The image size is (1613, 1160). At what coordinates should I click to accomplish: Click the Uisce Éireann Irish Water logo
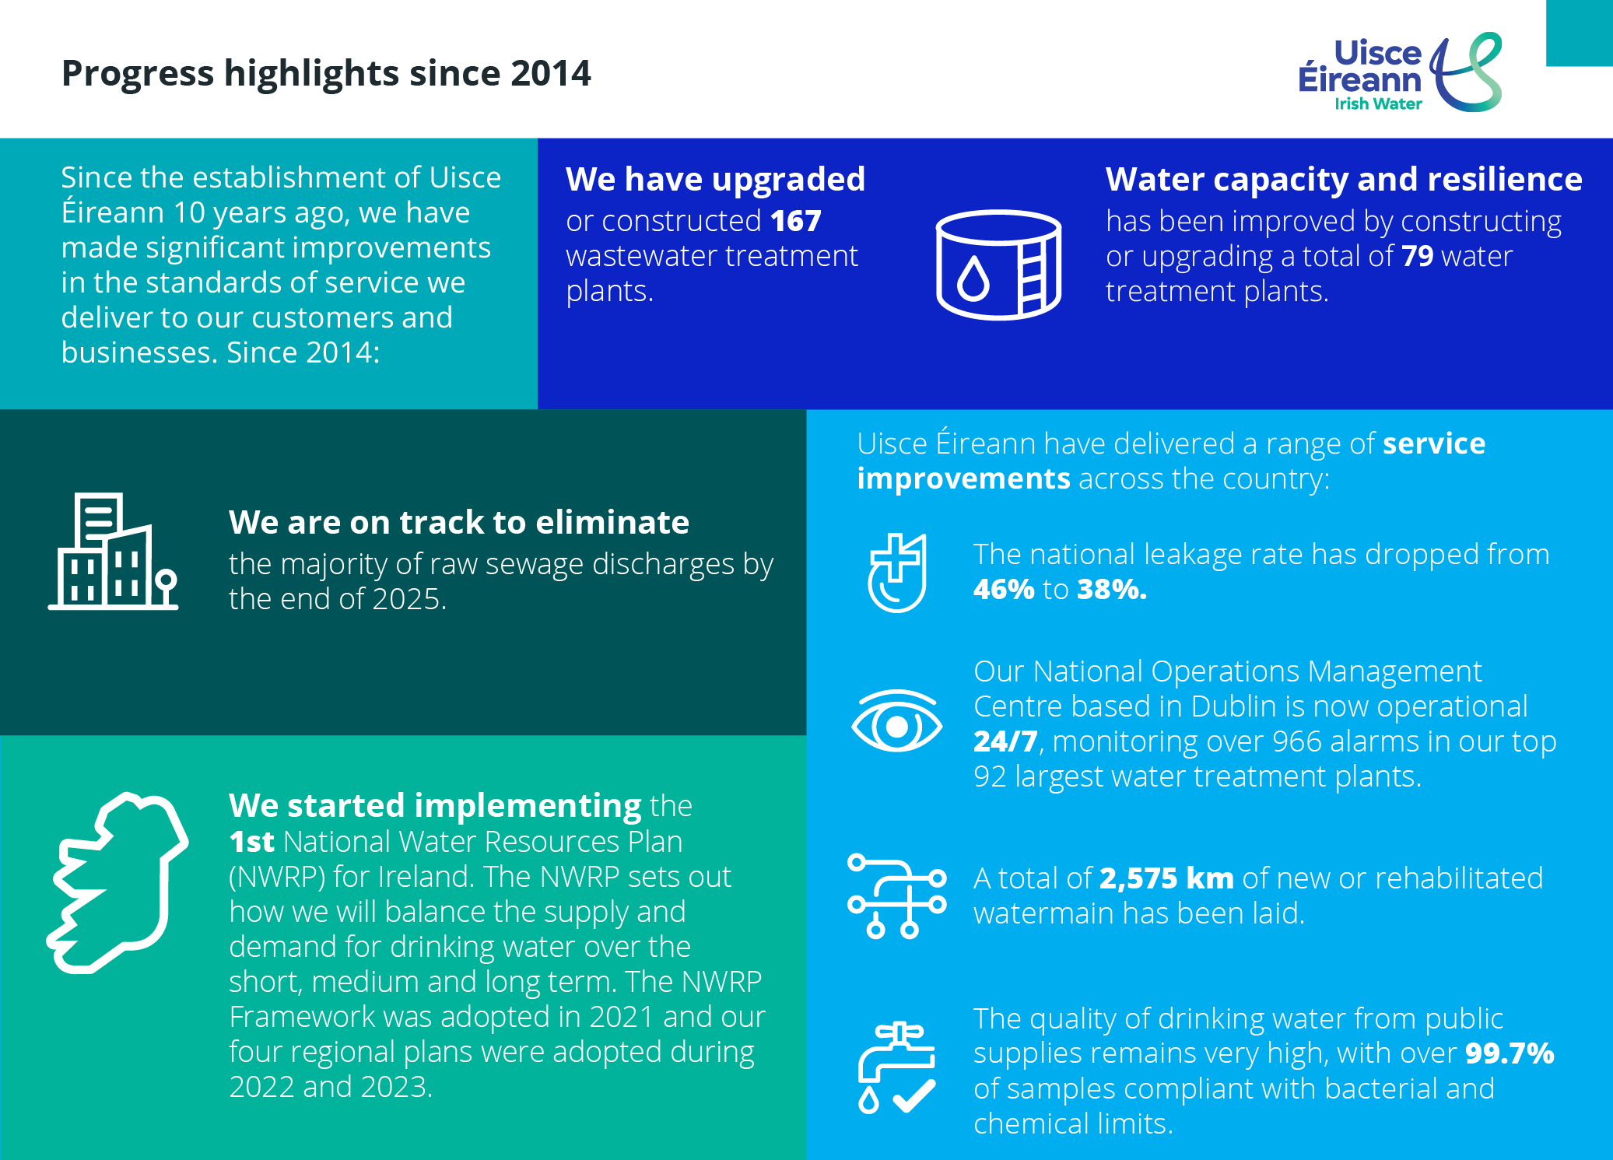coord(1399,74)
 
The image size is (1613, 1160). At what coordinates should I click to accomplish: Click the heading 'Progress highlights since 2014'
coord(326,74)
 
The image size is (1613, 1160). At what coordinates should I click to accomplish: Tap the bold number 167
coord(795,222)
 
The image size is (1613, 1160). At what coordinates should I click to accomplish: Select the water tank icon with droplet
coord(998,265)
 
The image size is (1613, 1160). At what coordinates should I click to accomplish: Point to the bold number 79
coord(1417,257)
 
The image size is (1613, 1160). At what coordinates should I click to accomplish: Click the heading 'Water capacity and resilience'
coord(1343,180)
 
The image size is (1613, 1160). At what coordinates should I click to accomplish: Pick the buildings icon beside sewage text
coord(114,552)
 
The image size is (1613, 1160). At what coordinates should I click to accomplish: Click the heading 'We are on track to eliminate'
coord(458,523)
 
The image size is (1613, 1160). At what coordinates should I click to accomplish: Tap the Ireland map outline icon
coord(118,882)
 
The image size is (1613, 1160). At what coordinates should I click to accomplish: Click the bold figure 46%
coord(1003,590)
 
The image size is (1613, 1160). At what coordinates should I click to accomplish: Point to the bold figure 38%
coord(1112,590)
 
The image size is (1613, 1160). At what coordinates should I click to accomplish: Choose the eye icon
coord(896,722)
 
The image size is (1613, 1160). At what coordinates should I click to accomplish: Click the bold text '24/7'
coord(1005,741)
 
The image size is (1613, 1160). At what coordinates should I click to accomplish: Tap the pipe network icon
coord(896,895)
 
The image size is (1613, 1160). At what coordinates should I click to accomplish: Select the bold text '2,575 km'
coord(1166,878)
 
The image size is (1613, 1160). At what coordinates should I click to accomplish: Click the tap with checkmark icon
coord(896,1068)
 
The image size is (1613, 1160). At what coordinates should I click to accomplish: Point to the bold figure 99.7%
coord(1509,1053)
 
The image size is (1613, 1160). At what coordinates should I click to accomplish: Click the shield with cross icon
coord(896,573)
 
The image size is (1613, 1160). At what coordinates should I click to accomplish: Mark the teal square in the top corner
coord(1579,33)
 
